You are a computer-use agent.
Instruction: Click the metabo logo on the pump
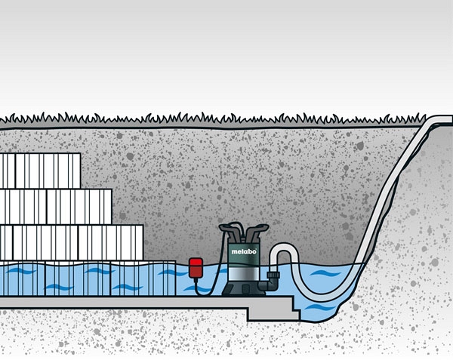[242, 254]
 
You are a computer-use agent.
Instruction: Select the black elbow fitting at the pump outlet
[270, 285]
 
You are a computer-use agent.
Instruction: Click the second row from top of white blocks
[56, 206]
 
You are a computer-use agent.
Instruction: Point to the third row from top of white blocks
[72, 242]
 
